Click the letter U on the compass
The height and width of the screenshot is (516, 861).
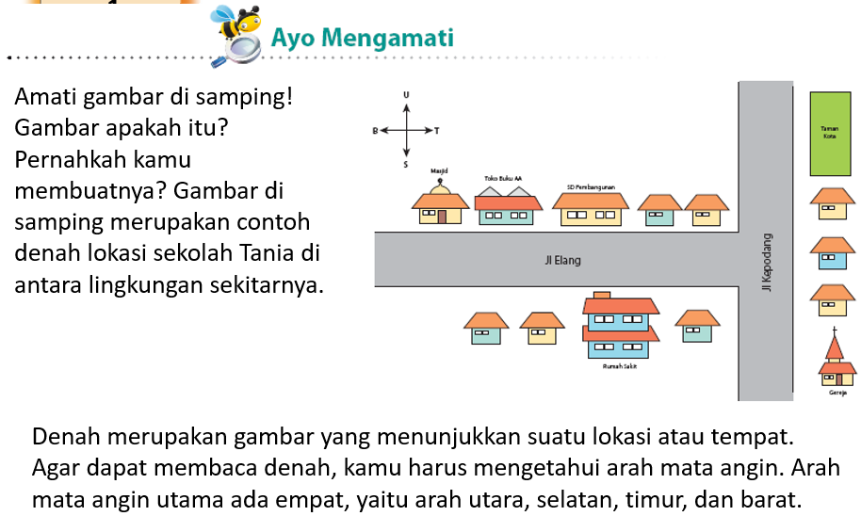click(x=407, y=95)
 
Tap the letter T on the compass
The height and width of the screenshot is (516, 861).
click(x=437, y=131)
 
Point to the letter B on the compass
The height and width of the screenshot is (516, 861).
click(x=375, y=131)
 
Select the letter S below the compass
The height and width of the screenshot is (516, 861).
click(x=407, y=165)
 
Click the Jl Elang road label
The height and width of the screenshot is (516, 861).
click(x=557, y=260)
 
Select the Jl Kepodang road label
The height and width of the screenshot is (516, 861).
click(x=768, y=261)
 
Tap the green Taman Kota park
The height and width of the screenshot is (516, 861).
click(x=830, y=134)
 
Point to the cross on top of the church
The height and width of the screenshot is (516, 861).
click(x=834, y=333)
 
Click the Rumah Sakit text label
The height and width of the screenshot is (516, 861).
click(x=619, y=367)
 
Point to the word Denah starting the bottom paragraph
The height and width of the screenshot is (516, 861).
click(x=64, y=438)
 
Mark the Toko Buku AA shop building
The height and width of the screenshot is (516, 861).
click(x=506, y=209)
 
